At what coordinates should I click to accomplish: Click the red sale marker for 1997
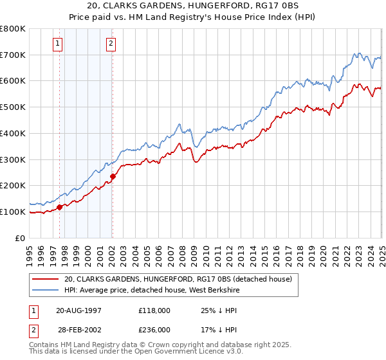[x=60, y=207]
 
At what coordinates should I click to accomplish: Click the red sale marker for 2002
[x=113, y=176]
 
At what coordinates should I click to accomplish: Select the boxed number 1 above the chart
[x=58, y=44]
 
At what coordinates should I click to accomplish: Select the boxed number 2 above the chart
[x=111, y=44]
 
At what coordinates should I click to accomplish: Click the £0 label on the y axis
[x=19, y=238]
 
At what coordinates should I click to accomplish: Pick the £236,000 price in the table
[x=154, y=330]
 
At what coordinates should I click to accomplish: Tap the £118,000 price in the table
[x=154, y=310]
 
